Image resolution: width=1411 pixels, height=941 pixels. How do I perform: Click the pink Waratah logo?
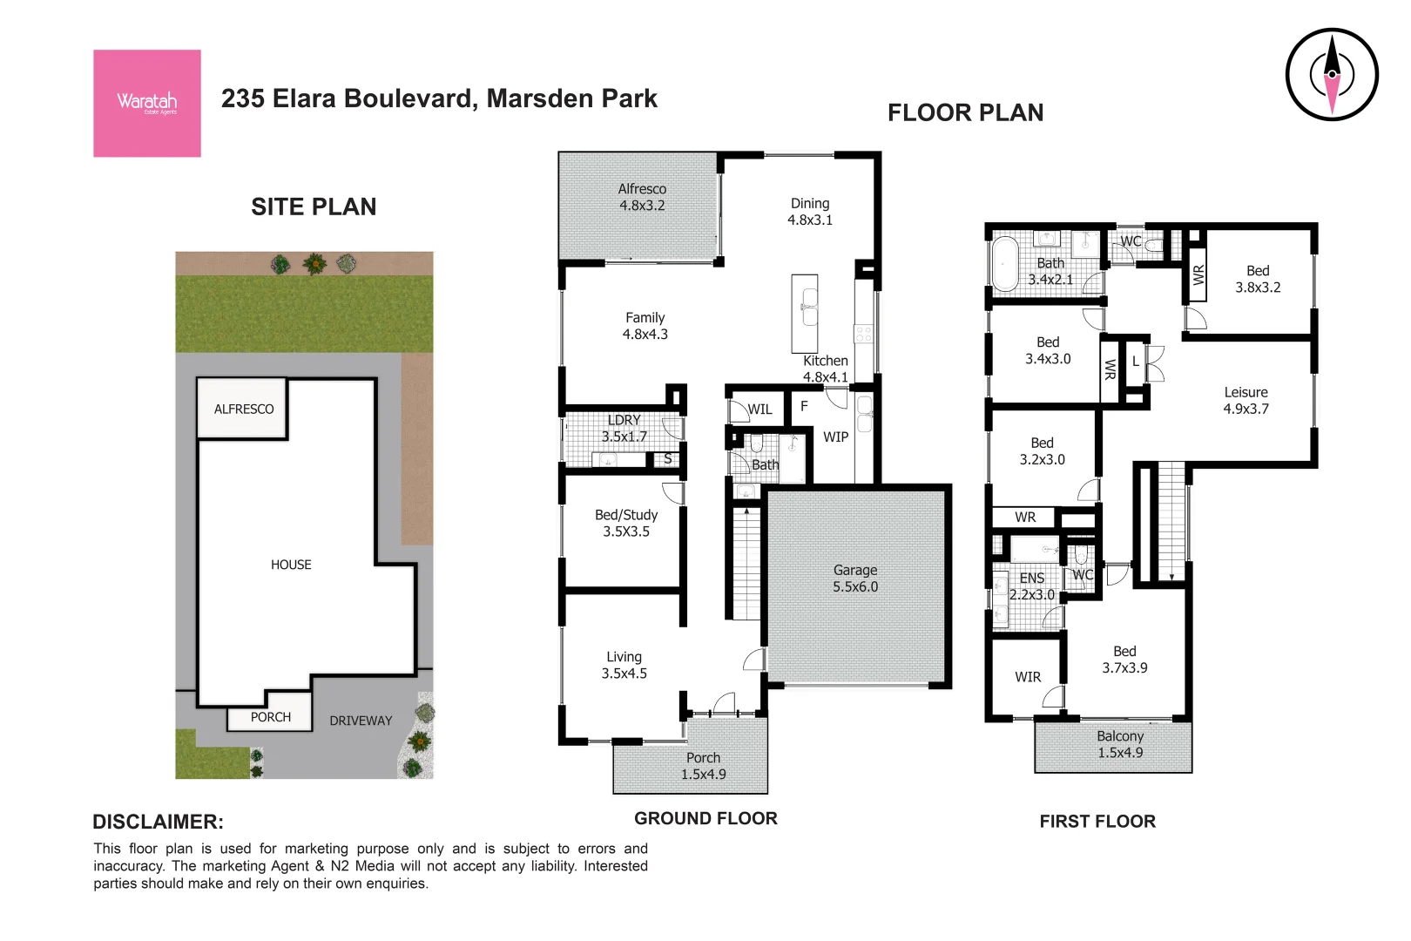pos(146,103)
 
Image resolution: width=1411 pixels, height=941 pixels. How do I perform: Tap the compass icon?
pos(1331,74)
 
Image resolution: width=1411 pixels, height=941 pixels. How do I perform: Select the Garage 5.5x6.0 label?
pos(854,579)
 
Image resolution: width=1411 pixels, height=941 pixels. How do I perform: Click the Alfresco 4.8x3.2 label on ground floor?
pos(642,197)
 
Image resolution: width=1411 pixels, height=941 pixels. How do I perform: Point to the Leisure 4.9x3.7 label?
pos(1246,400)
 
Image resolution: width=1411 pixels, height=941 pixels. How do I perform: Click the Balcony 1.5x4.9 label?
pos(1120,744)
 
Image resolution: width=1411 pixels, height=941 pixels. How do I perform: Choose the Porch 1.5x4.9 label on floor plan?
pos(703,766)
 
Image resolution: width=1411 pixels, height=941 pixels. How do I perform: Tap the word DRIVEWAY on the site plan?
pos(361,721)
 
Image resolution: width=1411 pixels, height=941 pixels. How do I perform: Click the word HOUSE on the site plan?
pos(291,565)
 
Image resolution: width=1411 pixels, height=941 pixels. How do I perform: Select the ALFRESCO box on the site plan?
pos(243,409)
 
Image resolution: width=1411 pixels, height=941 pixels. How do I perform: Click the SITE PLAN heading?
pos(314,206)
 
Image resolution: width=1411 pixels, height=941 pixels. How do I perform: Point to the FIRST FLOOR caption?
pos(1097,821)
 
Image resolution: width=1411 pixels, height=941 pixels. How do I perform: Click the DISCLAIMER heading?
pos(158,822)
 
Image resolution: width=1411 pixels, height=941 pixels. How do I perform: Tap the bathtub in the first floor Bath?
pos(1005,263)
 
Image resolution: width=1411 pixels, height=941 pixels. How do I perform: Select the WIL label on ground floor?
pos(760,410)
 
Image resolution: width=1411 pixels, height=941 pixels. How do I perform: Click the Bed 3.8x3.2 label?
pos(1258,279)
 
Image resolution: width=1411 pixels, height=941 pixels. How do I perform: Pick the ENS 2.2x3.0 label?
pos(1032,586)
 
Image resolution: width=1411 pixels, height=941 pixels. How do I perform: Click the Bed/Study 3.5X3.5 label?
pos(626,523)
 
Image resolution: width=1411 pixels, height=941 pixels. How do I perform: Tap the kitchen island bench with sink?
pos(805,313)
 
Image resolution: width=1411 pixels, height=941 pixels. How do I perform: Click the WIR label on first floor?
pos(1028,677)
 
